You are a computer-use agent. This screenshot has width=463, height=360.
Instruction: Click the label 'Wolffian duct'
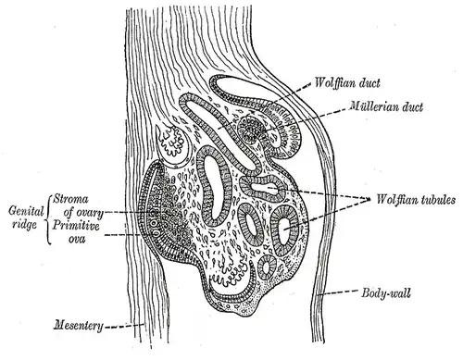(x=347, y=83)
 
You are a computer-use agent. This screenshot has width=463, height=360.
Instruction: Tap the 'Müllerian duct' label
(x=386, y=106)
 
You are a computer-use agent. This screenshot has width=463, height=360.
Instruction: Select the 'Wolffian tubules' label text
(x=416, y=200)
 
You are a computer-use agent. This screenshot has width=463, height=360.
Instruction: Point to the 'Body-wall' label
(x=386, y=292)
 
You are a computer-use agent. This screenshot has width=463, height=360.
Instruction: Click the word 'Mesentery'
(x=79, y=326)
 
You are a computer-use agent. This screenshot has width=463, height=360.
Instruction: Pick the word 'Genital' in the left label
(x=26, y=211)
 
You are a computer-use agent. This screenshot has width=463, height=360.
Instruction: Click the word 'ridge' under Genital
(x=25, y=225)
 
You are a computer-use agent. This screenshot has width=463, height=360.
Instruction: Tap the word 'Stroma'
(x=70, y=199)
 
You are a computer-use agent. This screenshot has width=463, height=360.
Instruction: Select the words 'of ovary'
(x=83, y=213)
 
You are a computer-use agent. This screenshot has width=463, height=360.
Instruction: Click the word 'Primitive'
(x=76, y=226)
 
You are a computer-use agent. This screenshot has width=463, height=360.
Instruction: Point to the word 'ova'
(x=77, y=239)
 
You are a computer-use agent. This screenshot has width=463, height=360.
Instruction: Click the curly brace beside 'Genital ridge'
(x=48, y=219)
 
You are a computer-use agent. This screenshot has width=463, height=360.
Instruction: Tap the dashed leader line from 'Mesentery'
(x=124, y=325)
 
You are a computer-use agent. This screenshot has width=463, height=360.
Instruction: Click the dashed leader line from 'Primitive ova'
(x=123, y=235)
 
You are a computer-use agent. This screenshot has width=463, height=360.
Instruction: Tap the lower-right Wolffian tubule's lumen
(x=284, y=229)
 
